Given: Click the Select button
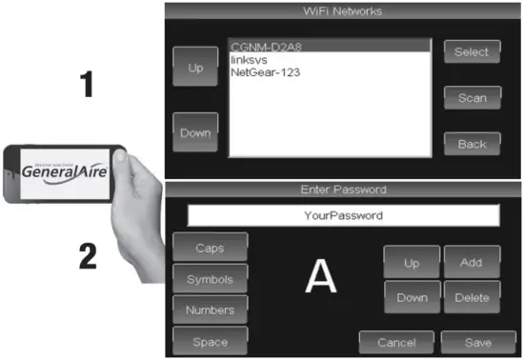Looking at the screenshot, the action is pos(472,52).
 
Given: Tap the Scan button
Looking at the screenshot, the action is pos(472,98).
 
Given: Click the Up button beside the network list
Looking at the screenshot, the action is pos(195,68).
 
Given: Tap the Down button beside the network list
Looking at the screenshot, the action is pos(195,132).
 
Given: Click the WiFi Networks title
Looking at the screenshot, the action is pos(342,11).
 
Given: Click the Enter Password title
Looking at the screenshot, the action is pos(342,190).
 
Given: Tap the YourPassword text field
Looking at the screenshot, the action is pos(342,215).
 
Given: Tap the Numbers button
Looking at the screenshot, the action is pos(211,310).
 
